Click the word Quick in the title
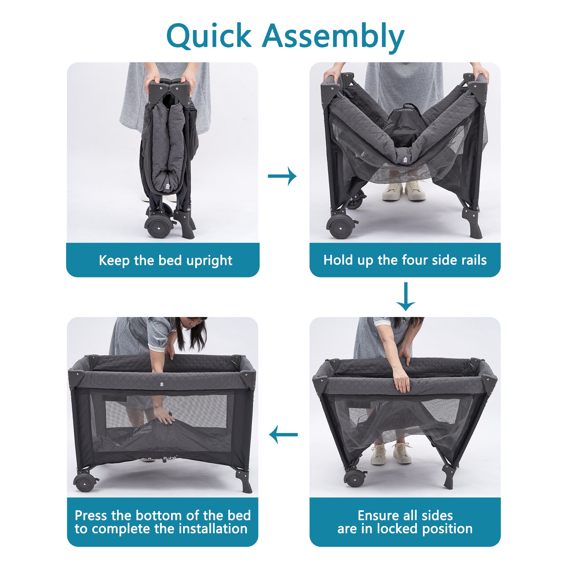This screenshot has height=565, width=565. (208, 36)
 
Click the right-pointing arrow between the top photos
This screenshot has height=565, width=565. (282, 176)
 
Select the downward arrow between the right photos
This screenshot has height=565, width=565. (406, 297)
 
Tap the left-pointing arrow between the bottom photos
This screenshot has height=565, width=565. (283, 434)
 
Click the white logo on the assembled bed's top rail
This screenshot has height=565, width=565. (162, 384)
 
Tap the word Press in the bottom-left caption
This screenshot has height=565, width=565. (91, 515)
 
